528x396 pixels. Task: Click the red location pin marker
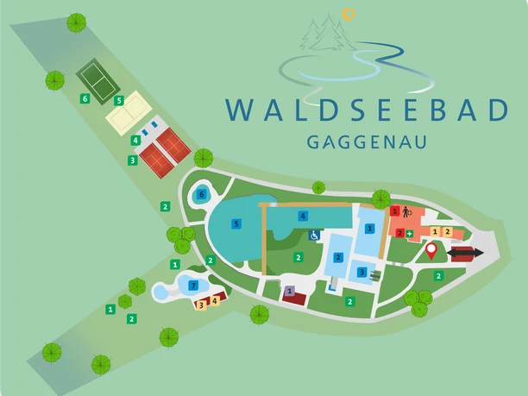431,250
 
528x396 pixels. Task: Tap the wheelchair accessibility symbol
314,235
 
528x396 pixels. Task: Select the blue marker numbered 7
193,286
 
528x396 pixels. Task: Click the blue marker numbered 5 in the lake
236,223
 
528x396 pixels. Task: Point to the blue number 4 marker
302,215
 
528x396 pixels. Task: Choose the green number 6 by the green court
85,99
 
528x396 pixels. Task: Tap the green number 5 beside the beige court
119,100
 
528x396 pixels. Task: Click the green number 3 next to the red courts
132,160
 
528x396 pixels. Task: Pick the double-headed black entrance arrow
465,252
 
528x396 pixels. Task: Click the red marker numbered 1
395,211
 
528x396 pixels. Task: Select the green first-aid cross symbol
410,233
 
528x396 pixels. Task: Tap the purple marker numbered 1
290,290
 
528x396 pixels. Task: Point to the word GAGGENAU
367,141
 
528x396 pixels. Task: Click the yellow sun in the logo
349,14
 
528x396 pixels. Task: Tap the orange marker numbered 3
201,303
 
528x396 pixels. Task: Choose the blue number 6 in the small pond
201,195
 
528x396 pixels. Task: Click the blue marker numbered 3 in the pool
361,273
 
